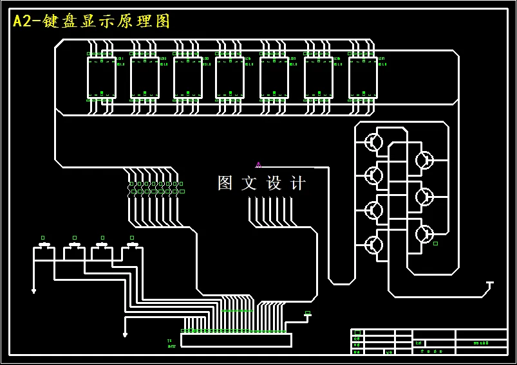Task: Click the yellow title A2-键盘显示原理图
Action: click(x=91, y=21)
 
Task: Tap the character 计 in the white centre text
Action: click(x=298, y=183)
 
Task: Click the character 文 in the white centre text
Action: click(x=249, y=183)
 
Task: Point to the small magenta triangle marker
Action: click(x=258, y=165)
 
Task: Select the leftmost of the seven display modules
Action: click(x=102, y=78)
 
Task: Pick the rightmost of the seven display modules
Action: click(x=363, y=78)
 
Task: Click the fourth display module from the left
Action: click(x=230, y=78)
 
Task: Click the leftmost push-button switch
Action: click(x=44, y=245)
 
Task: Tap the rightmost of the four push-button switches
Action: click(x=132, y=245)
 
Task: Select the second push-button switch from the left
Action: click(x=75, y=245)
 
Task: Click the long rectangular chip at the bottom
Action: click(x=236, y=340)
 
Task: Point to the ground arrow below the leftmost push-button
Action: click(x=33, y=290)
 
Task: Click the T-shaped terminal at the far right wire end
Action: click(x=489, y=283)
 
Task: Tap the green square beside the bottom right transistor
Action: click(x=435, y=244)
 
